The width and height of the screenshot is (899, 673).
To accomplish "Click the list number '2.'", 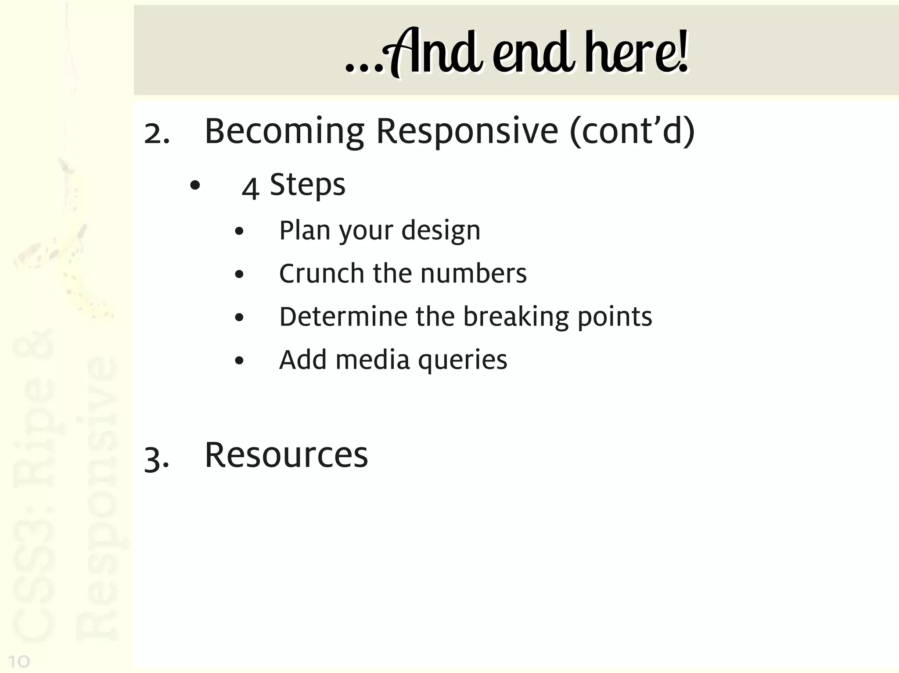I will pyautogui.click(x=157, y=134).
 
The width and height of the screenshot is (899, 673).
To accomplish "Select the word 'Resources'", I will pyautogui.click(x=286, y=455).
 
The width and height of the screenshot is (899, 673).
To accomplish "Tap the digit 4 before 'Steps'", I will pyautogui.click(x=250, y=188).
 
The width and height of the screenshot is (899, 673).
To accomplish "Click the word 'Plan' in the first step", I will pyautogui.click(x=305, y=230).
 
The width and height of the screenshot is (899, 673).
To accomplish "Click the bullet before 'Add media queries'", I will pyautogui.click(x=239, y=361).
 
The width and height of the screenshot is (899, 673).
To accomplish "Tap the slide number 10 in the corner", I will pyautogui.click(x=18, y=661).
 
